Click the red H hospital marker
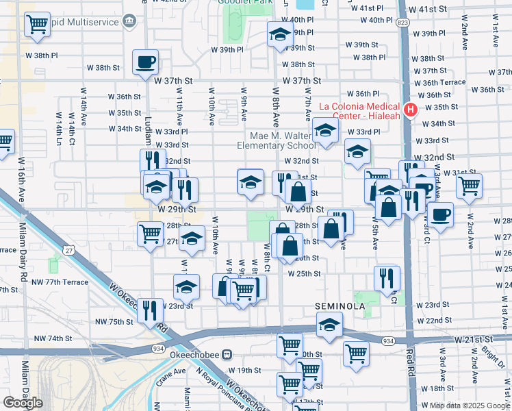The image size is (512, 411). [x=411, y=110]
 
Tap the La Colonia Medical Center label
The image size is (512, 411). [x=363, y=110]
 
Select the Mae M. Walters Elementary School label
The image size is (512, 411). [x=276, y=140]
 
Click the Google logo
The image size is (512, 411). [x=23, y=402]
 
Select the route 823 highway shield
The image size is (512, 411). [x=402, y=23]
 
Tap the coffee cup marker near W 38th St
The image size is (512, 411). [x=145, y=62]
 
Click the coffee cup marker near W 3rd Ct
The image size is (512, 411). [x=440, y=214]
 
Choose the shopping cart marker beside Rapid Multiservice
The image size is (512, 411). [x=36, y=25]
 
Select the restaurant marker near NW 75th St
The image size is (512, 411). [x=149, y=310]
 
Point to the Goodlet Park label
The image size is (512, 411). [x=241, y=3]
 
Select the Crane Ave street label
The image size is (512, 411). [x=171, y=377]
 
